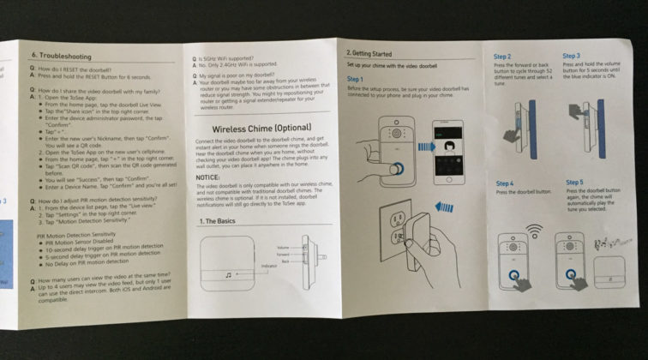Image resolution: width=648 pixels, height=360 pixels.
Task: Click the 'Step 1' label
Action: (x=356, y=80)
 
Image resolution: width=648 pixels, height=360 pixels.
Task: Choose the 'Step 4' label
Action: (x=505, y=183)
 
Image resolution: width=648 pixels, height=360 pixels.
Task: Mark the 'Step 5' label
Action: (x=575, y=183)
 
